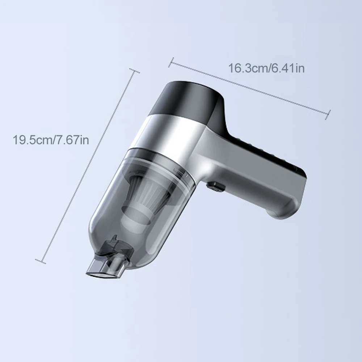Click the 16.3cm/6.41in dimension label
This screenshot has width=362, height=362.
(266, 68)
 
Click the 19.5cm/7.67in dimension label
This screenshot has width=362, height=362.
(51, 140)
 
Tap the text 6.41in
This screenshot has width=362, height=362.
(288, 68)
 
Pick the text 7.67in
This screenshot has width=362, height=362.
(72, 140)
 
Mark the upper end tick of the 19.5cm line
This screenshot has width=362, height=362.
(134, 71)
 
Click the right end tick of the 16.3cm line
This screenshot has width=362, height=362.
(328, 115)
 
